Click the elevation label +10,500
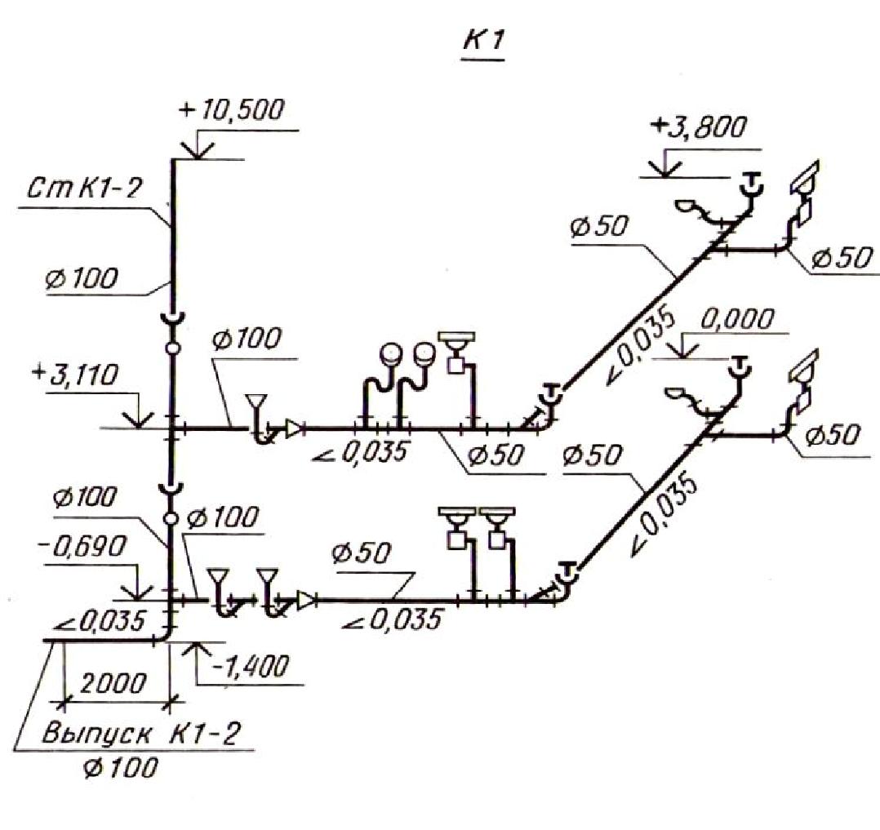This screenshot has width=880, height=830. pyautogui.click(x=231, y=110)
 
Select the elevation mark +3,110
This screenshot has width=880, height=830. pyautogui.click(x=77, y=375)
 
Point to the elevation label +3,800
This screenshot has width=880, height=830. pyautogui.click(x=699, y=126)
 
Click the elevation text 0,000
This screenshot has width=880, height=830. pyautogui.click(x=737, y=319)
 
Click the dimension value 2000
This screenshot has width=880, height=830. pyautogui.click(x=113, y=684)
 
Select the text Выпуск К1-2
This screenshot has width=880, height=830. pyautogui.click(x=142, y=734)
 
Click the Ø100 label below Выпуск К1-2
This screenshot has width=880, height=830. pyautogui.click(x=120, y=768)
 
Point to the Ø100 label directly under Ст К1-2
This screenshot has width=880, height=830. pyautogui.click(x=82, y=278)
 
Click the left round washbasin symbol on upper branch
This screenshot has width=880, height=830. pyautogui.click(x=390, y=353)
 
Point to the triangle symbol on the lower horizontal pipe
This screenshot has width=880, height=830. pyautogui.click(x=306, y=600)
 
